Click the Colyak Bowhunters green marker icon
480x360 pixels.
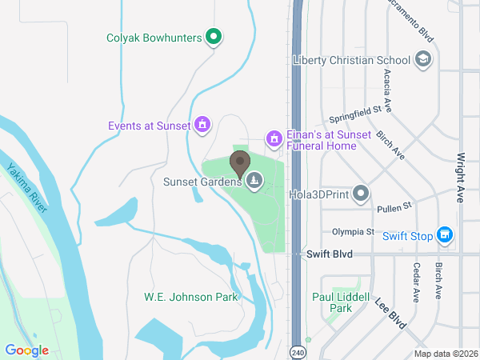214,36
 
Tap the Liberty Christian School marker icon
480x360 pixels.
423,59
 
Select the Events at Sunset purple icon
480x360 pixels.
202,125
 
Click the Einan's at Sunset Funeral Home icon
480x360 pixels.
274,139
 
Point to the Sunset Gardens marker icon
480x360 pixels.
254,181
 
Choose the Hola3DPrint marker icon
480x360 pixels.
362,193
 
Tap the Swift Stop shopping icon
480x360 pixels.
446,235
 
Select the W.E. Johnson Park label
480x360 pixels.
191,297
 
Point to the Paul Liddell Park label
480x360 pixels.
342,302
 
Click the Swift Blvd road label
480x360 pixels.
330,254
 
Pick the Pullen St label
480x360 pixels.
394,207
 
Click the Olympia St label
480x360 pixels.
353,232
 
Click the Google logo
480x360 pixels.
26,350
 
